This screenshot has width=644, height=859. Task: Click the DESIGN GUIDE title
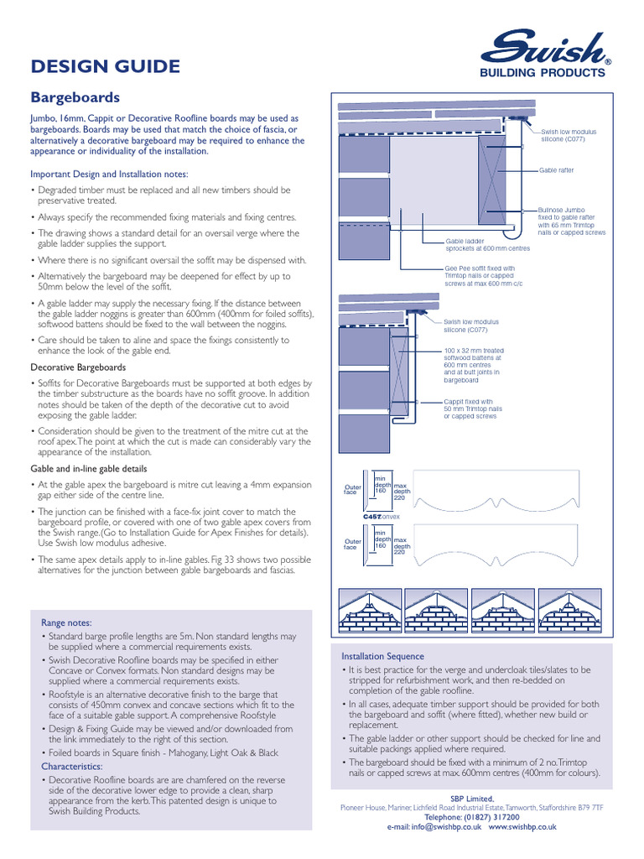pyautogui.click(x=105, y=66)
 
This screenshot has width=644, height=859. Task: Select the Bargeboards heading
pyautogui.click(x=75, y=97)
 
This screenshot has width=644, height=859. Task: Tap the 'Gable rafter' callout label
pyautogui.click(x=557, y=170)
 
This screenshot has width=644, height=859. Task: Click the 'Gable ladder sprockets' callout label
pyautogui.click(x=487, y=244)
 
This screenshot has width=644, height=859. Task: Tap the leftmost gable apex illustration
pyautogui.click(x=367, y=609)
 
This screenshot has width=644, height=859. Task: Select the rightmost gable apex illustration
pyautogui.click(x=569, y=609)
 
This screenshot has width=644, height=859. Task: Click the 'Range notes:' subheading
pyautogui.click(x=66, y=623)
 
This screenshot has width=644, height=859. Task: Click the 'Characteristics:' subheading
pyautogui.click(x=72, y=767)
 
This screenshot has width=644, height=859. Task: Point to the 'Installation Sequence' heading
pyautogui.click(x=382, y=656)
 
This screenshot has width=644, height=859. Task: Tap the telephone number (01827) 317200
pyautogui.click(x=472, y=816)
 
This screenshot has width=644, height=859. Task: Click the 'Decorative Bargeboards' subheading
pyautogui.click(x=78, y=367)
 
